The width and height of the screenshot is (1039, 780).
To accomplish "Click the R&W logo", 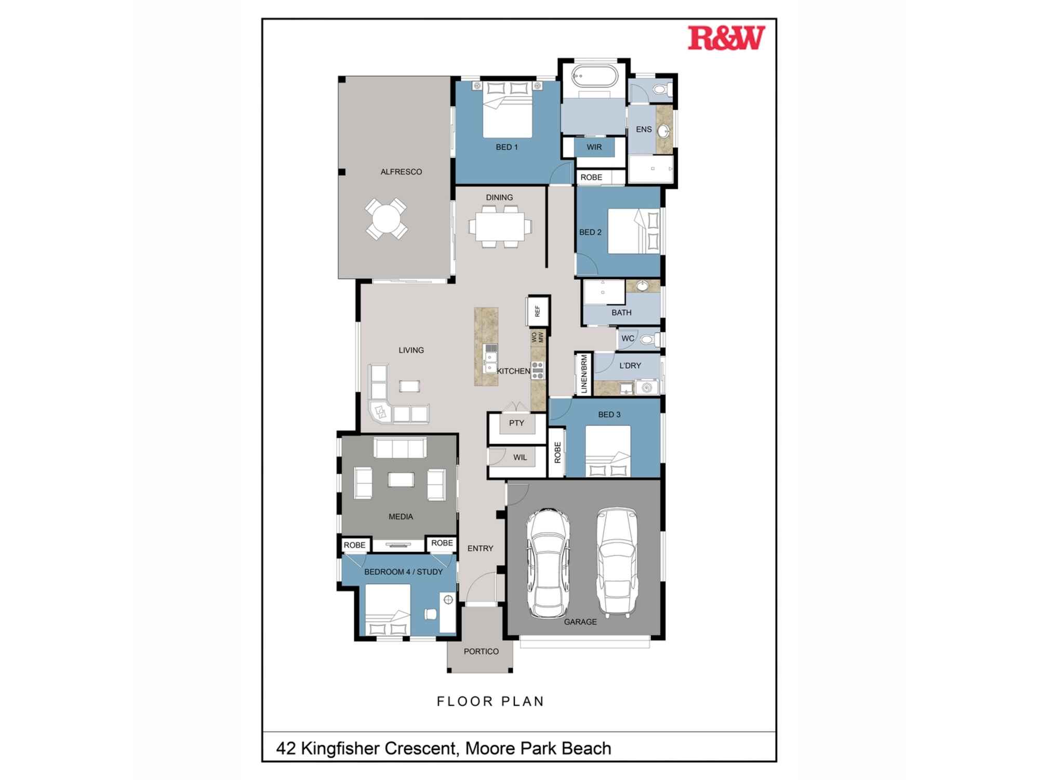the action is point(726,38).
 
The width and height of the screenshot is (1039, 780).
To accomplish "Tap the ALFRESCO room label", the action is point(401,172).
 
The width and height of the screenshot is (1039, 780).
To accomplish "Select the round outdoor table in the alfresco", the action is point(386,219).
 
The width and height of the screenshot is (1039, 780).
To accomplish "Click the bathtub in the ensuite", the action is point(595,77).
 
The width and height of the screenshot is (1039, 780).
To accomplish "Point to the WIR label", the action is point(594,147).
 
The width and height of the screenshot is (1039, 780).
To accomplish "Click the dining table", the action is point(500,227).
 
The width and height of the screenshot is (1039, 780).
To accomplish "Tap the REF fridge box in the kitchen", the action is point(538,311).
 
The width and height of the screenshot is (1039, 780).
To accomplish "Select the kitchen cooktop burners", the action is point(538,370).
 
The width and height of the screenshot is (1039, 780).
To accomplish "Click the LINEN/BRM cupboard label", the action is point(584,374).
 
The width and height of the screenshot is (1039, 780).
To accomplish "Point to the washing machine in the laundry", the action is point(647,387).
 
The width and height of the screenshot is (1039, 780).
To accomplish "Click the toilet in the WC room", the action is point(649,340).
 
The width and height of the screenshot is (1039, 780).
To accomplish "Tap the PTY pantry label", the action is point(516,423).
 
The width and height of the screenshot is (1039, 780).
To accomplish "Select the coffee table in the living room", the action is point(409,386).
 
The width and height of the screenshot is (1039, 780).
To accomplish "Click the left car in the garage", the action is point(548,563).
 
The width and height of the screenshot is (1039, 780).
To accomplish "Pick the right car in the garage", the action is point(617,562).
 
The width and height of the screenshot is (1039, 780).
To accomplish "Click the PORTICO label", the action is point(481,652).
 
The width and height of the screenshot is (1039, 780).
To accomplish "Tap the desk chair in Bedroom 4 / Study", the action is point(430,615).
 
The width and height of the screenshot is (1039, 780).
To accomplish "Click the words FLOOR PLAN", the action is point(490,701).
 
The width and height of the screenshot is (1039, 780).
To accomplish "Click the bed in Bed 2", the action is point(634,231).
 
